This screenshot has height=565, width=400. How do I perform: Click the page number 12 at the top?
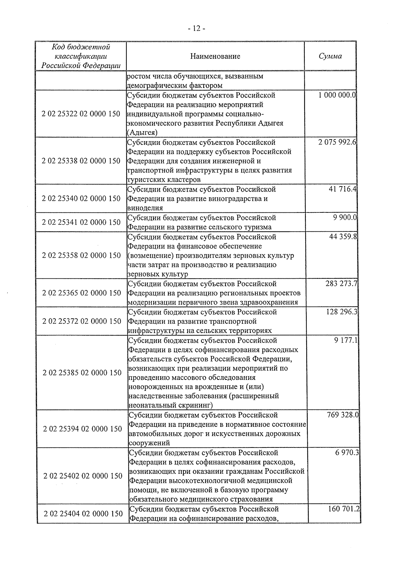[x=197, y=29]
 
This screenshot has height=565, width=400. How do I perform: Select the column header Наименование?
[x=215, y=56]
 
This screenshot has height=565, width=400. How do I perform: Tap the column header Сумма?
[x=330, y=56]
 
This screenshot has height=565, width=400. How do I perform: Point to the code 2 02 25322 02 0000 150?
[x=81, y=114]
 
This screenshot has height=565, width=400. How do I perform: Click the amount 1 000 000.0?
[x=337, y=95]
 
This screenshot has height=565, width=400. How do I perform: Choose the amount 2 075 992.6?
[x=337, y=142]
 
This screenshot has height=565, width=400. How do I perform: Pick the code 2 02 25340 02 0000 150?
[x=81, y=198]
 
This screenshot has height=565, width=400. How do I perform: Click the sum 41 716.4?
[x=343, y=189]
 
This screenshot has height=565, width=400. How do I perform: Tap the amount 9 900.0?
[x=344, y=217]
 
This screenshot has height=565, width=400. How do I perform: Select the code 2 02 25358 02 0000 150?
[x=81, y=255]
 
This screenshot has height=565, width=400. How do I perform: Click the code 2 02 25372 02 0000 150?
[x=82, y=321]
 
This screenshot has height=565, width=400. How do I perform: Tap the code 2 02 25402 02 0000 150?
[x=83, y=476]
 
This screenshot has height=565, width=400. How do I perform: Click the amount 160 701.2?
[x=343, y=509]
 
